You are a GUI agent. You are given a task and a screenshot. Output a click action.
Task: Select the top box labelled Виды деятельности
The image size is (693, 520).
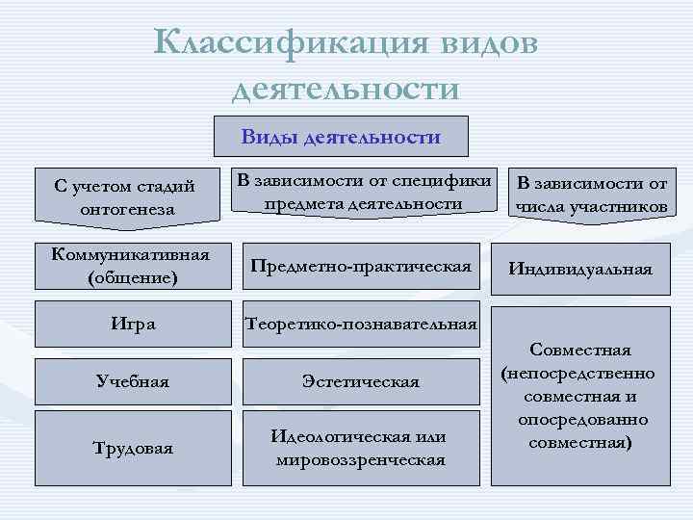[341, 137]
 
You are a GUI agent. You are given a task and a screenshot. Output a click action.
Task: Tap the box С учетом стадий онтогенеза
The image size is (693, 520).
[132, 196]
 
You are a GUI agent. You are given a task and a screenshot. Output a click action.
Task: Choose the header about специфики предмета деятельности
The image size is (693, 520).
[363, 192]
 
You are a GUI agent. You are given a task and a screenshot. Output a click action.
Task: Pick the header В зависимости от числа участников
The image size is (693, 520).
[591, 195]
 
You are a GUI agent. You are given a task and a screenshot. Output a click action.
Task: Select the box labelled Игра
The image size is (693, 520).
[132, 325]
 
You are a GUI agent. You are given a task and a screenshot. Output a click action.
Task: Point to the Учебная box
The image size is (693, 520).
[132, 382]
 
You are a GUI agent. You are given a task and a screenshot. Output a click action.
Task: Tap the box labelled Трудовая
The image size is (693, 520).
[132, 448]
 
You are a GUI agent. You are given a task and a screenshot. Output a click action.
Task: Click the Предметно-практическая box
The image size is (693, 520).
[361, 266]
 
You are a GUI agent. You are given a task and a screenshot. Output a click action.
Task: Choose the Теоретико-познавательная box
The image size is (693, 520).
[361, 325]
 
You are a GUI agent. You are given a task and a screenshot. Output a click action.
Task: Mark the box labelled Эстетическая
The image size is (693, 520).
[361, 382]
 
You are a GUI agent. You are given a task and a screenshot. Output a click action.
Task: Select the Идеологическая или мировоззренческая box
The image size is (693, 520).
[361, 448]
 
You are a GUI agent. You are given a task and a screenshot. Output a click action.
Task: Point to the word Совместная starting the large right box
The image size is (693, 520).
[579, 350]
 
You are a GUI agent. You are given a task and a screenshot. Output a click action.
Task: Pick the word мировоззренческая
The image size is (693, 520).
[361, 459]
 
